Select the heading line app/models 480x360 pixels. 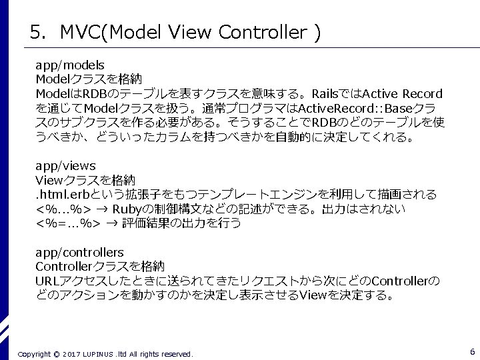coord(70,65)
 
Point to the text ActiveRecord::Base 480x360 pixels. coord(355,109)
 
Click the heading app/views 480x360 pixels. coord(65,166)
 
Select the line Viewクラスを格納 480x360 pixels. coord(85,180)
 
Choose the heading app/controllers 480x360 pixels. coord(79,253)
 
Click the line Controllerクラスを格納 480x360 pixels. coord(99,267)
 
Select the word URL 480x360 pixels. coord(47,281)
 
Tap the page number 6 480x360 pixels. coord(472,352)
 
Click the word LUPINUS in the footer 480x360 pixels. coord(99,354)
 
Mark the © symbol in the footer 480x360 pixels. coord(56,354)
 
